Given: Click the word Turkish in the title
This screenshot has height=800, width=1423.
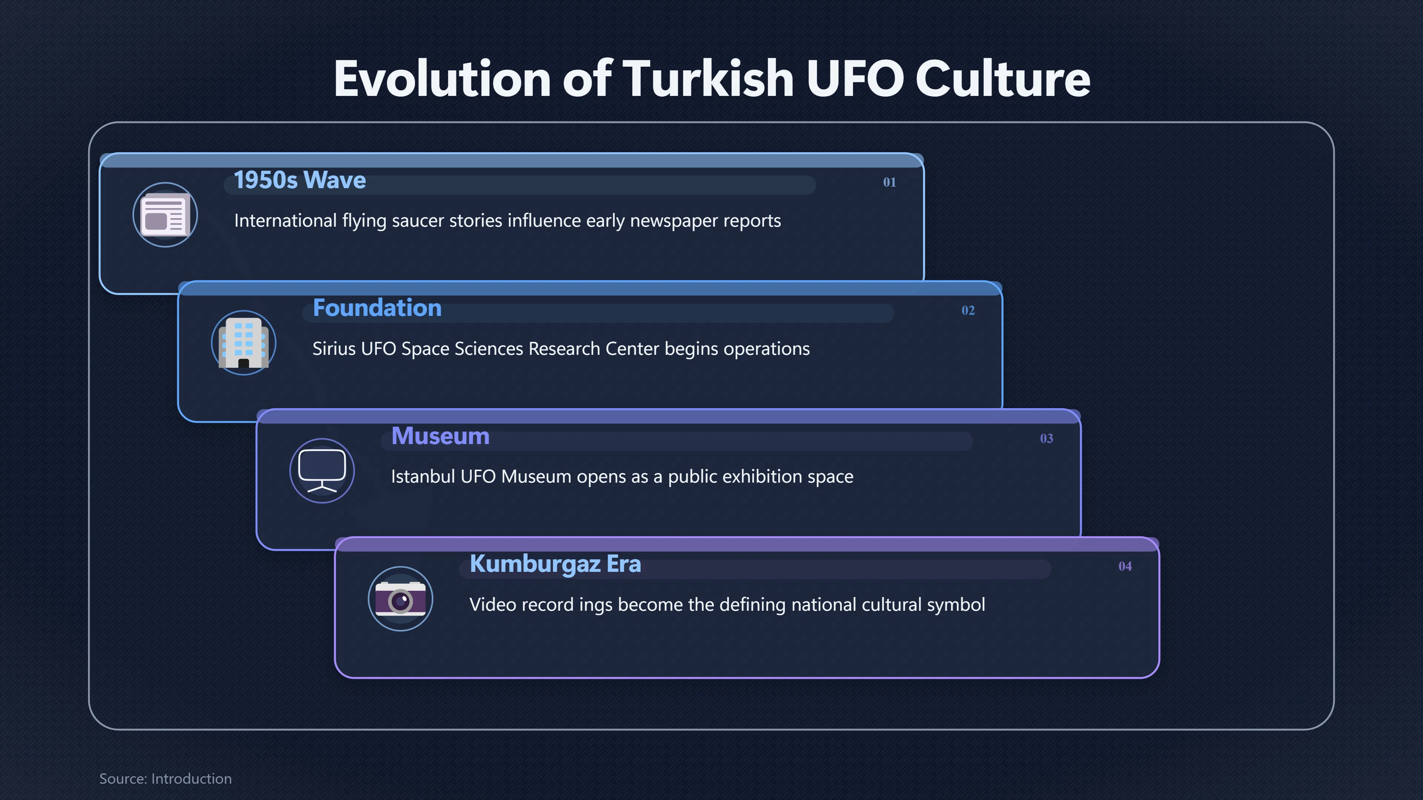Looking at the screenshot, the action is pos(709,79).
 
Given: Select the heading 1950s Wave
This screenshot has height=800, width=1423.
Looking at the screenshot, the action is pos(300,180).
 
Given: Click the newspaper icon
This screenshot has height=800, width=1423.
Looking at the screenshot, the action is pos(165,215).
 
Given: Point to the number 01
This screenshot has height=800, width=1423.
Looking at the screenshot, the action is pos(889,182).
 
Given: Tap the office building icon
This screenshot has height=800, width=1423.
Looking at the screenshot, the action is pos(243,343).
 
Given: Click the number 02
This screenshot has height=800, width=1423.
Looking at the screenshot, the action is pos(968,310).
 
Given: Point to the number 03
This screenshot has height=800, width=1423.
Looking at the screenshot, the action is pos(1046,439).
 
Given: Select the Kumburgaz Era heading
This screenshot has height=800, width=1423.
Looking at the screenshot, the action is pos(555,564).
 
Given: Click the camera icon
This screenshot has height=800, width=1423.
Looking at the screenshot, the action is pos(401,599).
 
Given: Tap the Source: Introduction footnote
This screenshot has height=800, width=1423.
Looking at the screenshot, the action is pos(165,779).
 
